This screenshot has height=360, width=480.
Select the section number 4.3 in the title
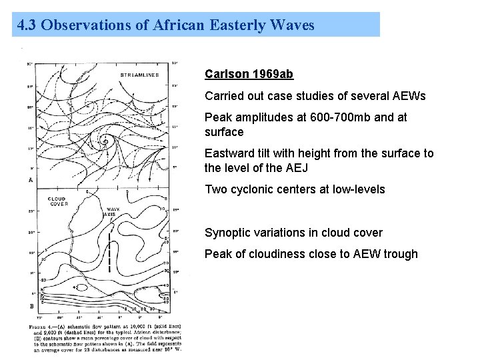click(x=27, y=25)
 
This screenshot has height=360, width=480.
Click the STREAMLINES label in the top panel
click(x=139, y=75)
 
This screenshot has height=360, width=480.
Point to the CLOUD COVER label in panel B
click(x=58, y=202)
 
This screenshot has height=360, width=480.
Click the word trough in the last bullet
click(x=399, y=254)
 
